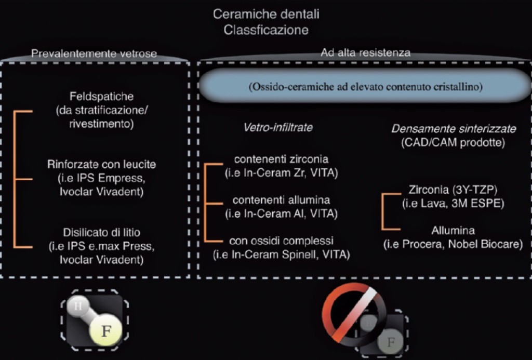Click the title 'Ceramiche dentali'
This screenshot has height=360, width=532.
266,14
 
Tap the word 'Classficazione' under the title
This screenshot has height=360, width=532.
266,30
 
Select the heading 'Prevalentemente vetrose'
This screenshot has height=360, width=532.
94,53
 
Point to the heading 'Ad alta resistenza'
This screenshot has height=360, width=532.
365,52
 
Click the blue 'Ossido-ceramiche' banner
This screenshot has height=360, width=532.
366,87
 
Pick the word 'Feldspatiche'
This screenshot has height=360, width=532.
101,97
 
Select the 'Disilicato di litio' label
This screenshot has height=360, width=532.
101,232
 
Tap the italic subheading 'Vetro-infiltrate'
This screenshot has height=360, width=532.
278,127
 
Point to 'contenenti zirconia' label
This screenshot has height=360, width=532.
281,159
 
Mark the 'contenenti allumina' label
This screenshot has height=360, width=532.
281,199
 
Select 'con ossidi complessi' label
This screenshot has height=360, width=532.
281,241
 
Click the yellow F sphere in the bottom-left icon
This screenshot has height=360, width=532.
106,331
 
